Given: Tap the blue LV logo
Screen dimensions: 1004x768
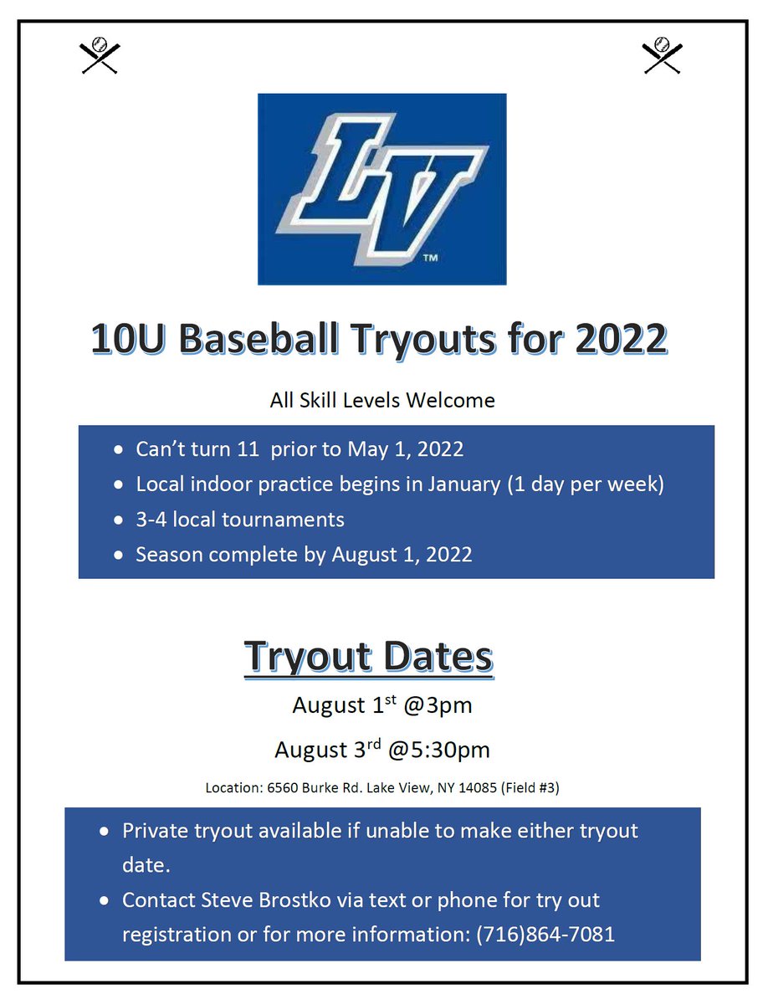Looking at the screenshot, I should (x=381, y=189).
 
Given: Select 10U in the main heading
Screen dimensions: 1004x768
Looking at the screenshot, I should (x=125, y=339).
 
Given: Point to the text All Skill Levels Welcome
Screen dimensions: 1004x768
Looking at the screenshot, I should (x=382, y=401).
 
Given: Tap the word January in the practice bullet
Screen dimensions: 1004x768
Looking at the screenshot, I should (x=462, y=484).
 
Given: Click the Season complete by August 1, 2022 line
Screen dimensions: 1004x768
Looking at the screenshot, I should (x=304, y=555).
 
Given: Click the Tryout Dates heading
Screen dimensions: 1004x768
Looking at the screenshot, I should (x=368, y=657).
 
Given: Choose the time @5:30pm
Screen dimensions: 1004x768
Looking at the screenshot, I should (x=438, y=750).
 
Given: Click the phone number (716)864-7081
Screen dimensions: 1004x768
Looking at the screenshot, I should (x=545, y=934).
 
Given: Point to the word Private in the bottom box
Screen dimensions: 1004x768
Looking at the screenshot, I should (x=159, y=831).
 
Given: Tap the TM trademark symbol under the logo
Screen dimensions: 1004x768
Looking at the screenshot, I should (x=430, y=259).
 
